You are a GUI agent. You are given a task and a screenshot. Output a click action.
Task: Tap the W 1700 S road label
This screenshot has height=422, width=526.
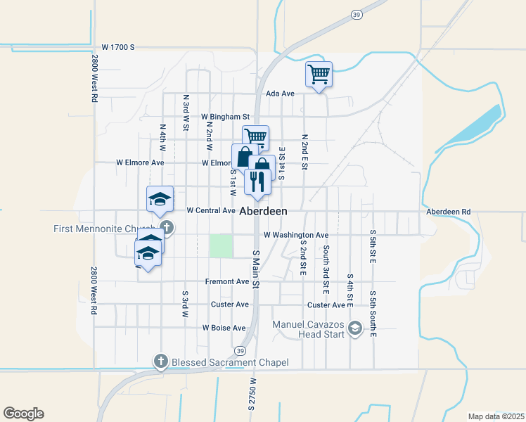point(117,47)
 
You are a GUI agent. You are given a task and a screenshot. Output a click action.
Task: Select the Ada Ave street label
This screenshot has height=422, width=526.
point(280,94)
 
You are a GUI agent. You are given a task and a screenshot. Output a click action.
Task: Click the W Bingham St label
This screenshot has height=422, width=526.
point(225,117)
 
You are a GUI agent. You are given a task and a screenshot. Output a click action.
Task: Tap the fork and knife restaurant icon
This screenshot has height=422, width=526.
point(257,181)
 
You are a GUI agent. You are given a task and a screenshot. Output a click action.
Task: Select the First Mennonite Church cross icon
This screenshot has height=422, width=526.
point(166,227)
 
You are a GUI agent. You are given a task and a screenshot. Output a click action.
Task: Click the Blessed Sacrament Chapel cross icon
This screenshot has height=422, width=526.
point(160,362)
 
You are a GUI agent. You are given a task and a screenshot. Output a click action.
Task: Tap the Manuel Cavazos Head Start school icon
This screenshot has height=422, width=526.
point(355,328)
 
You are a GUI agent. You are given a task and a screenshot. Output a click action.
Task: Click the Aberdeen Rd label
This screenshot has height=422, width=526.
point(448,211)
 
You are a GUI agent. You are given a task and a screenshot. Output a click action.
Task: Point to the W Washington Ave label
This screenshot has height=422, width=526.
point(296,235)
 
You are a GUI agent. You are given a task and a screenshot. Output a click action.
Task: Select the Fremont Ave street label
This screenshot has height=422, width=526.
point(227,281)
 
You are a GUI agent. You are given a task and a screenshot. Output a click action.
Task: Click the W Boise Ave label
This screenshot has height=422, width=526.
point(224,328)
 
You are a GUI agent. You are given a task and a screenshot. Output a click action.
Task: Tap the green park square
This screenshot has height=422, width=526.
point(222,245)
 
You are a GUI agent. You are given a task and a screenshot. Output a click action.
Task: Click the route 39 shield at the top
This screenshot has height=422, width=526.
point(357,15)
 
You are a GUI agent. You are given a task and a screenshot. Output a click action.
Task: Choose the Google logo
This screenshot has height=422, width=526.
point(23,414)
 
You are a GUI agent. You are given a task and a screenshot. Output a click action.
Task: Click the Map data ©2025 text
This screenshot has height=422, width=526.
point(496,416)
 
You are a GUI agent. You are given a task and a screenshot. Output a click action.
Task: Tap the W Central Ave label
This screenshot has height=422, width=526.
point(211,210)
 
